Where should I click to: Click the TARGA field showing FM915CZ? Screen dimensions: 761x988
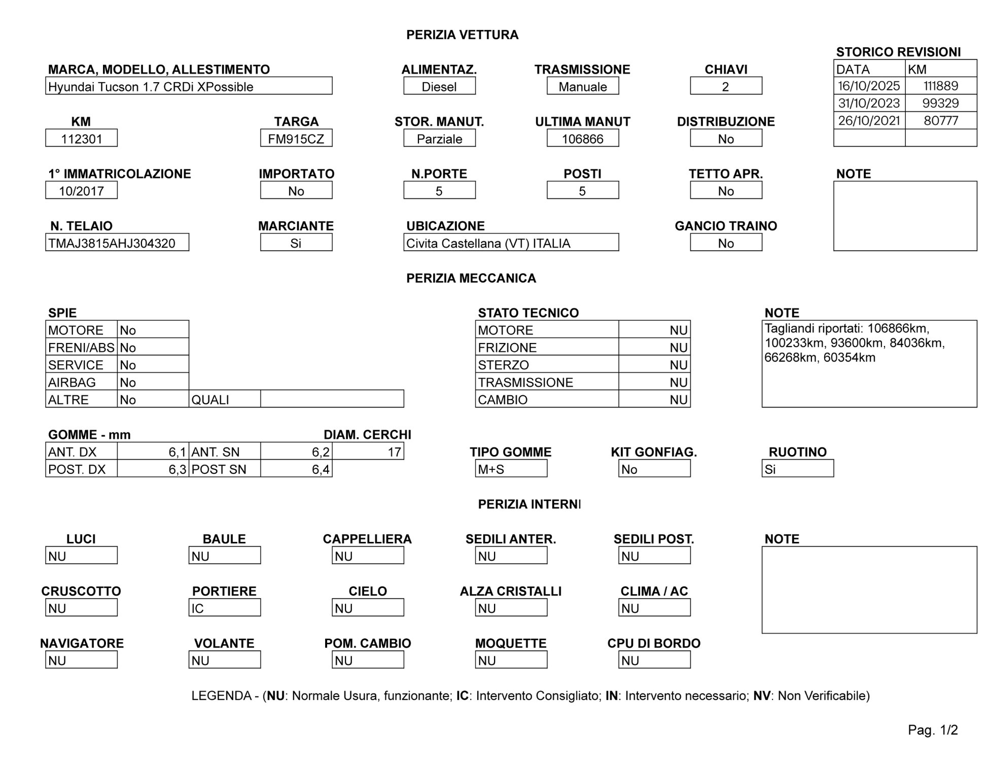pyautogui.click(x=296, y=139)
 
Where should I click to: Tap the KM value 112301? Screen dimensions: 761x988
pyautogui.click(x=81, y=139)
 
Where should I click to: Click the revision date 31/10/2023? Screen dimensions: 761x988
pyautogui.click(x=869, y=103)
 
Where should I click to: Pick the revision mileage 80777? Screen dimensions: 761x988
pyautogui.click(x=941, y=121)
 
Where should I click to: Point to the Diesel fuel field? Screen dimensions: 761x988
pyautogui.click(x=439, y=87)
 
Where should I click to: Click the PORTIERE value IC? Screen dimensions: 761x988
pyautogui.click(x=224, y=608)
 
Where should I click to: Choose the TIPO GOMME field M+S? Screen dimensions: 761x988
pyautogui.click(x=511, y=469)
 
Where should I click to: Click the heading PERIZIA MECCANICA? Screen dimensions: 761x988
pyautogui.click(x=471, y=278)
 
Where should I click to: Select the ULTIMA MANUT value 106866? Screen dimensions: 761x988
pyautogui.click(x=582, y=139)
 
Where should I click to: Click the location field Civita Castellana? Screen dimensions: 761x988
pyautogui.click(x=511, y=243)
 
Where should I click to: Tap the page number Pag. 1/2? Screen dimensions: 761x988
pyautogui.click(x=933, y=730)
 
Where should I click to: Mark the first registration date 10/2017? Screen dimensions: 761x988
pyautogui.click(x=81, y=191)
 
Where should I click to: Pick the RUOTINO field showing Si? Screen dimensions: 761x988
pyautogui.click(x=797, y=469)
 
